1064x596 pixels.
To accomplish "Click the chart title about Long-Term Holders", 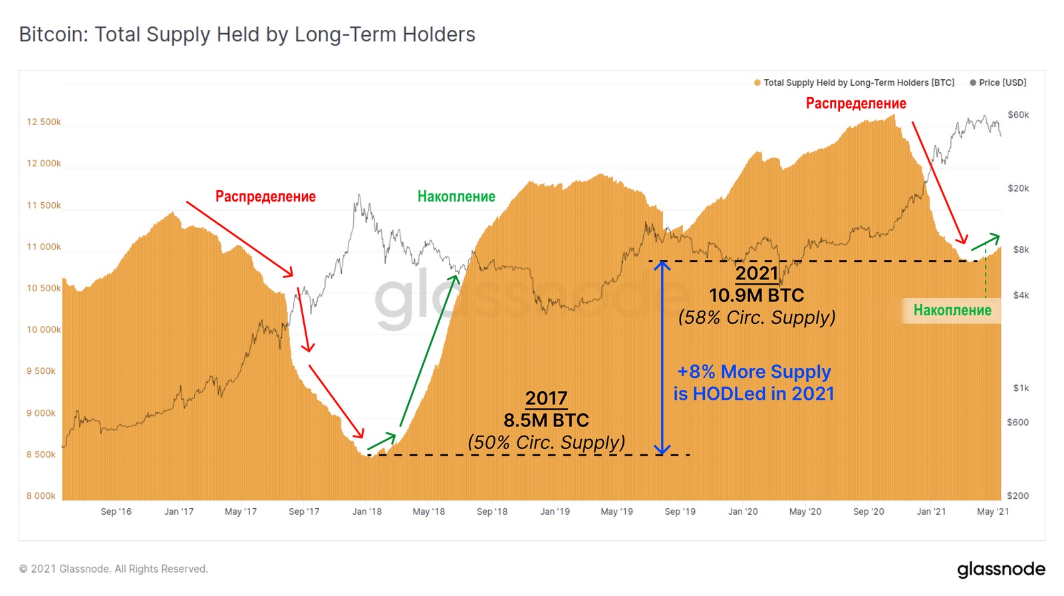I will point(247,35).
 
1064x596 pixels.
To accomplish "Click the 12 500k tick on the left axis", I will point(44,122).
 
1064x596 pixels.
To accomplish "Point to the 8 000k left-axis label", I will point(41,496).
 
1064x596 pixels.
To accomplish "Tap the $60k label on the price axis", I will point(1018,115).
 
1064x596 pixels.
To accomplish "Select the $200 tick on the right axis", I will point(1018,496).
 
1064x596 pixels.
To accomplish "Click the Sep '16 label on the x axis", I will point(116,512).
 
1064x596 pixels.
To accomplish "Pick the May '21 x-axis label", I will point(992,512).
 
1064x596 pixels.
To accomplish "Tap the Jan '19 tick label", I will point(555,512).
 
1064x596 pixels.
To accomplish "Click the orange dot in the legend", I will point(757,83).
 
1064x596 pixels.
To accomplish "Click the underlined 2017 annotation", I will point(546,398).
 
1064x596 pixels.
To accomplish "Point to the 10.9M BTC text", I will point(756,295).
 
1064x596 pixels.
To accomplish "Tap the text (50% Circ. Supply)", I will point(546,442).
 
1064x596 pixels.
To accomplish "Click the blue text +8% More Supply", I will point(754,371).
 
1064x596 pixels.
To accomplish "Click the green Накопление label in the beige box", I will point(952,311).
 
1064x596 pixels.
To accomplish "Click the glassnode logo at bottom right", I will point(1001,569).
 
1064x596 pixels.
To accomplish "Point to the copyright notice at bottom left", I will point(114,569).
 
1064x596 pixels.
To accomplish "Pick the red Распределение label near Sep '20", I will point(856,104).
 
